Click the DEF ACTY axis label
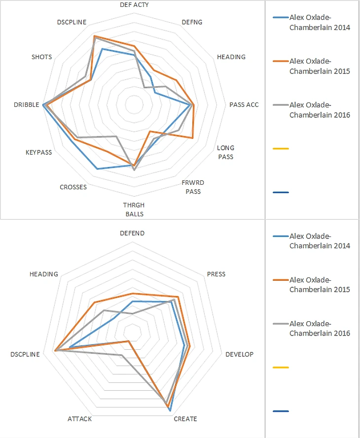[134, 4]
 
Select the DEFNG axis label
[191, 22]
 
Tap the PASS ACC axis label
[244, 104]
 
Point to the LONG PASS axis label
[225, 152]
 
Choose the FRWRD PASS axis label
[193, 187]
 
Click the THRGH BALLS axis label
[134, 209]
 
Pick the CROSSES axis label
[73, 187]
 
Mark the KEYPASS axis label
[38, 152]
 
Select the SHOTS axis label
[41, 57]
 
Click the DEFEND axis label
[133, 233]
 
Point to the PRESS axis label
[216, 274]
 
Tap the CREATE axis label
[185, 419]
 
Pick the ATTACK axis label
[79, 419]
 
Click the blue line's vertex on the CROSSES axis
[97, 169]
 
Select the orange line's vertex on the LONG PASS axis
[192, 139]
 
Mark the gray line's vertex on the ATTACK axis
[121, 355]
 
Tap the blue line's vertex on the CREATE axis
[170, 410]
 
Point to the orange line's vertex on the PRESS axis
[178, 297]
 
